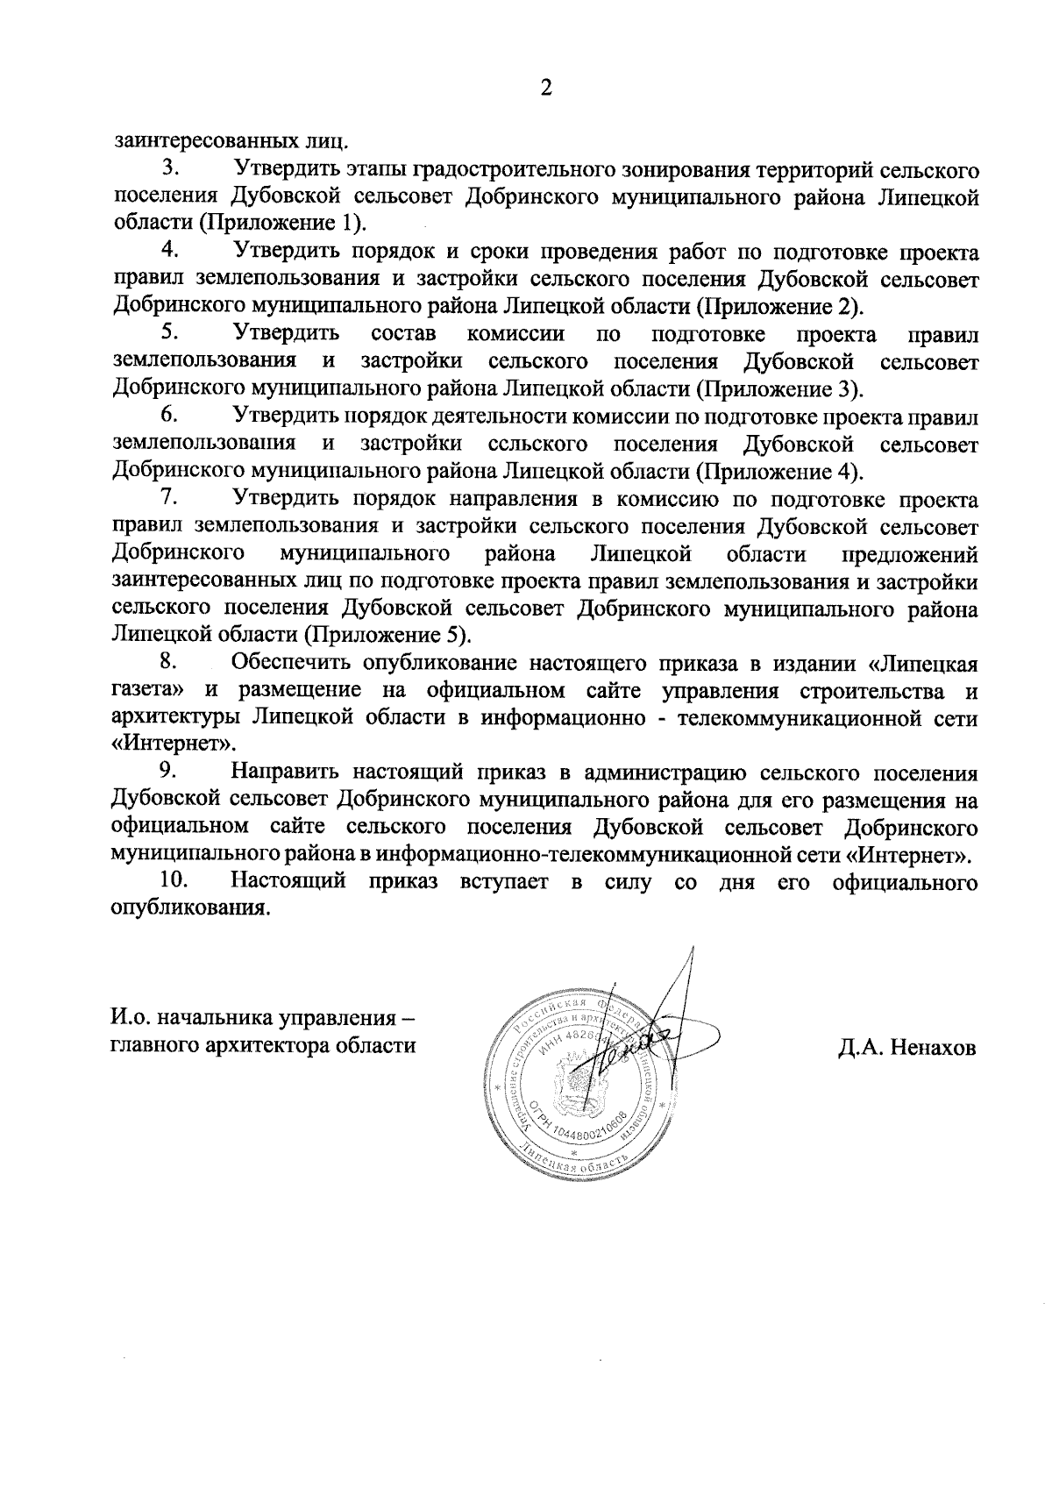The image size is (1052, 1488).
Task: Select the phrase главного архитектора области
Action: (263, 1046)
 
